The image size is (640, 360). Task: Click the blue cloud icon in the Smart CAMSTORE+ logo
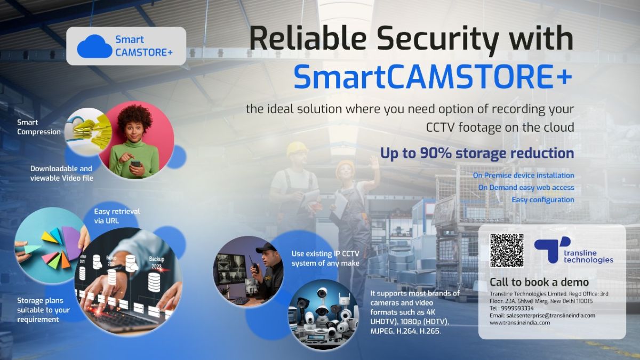(94, 46)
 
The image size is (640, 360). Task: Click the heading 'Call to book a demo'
(539, 282)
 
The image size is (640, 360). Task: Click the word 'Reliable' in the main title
(317, 40)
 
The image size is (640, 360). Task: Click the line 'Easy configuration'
(543, 199)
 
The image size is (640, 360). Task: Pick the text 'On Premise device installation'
(523, 175)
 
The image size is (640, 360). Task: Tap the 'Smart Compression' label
(39, 127)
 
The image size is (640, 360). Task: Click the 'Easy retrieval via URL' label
(117, 215)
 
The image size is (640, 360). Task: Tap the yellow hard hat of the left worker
(297, 148)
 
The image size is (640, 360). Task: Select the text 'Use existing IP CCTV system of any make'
(325, 258)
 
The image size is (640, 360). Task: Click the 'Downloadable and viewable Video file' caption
(61, 173)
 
